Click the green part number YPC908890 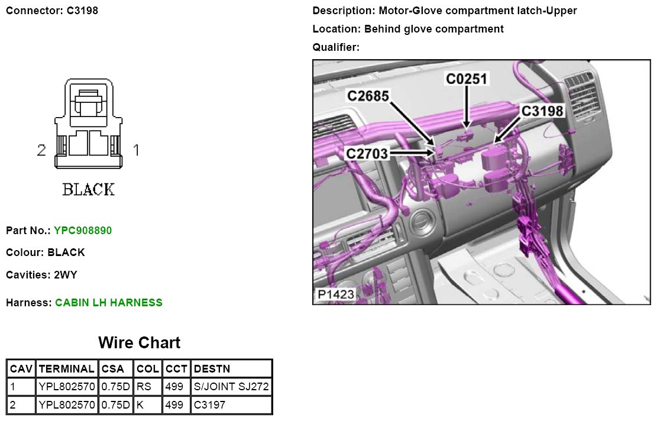pyautogui.click(x=83, y=231)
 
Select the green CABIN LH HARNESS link pyautogui.click(x=109, y=303)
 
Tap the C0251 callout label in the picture pyautogui.click(x=467, y=79)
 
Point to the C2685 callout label pyautogui.click(x=368, y=96)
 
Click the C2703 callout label pyautogui.click(x=367, y=154)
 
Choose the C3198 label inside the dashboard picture pyautogui.click(x=542, y=111)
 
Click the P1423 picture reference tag pyautogui.click(x=336, y=294)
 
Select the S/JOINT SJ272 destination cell pyautogui.click(x=231, y=386)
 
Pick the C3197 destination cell pyautogui.click(x=209, y=404)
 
